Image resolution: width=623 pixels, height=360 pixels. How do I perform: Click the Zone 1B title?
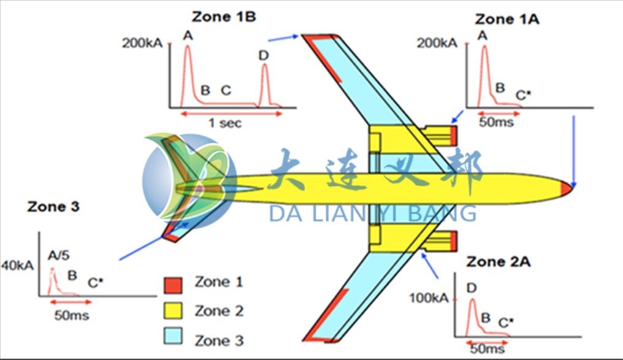[223, 17]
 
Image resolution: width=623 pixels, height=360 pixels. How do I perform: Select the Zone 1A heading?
[506, 19]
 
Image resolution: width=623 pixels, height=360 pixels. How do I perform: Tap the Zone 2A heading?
[499, 262]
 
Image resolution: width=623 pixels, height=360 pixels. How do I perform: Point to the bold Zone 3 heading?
[53, 207]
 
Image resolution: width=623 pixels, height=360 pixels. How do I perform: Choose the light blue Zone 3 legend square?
[173, 340]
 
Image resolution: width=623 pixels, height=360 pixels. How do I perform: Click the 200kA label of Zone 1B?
[142, 43]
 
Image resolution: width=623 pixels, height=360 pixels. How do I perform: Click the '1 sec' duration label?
[225, 123]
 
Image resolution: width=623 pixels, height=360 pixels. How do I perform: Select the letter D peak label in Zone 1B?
[263, 56]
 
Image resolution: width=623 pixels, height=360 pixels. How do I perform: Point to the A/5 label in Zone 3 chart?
[58, 258]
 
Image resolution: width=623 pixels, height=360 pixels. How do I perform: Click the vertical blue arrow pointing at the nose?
[573, 150]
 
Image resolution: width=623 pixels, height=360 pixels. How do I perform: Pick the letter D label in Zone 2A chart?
[472, 288]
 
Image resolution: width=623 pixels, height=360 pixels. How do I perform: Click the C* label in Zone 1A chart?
[524, 94]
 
